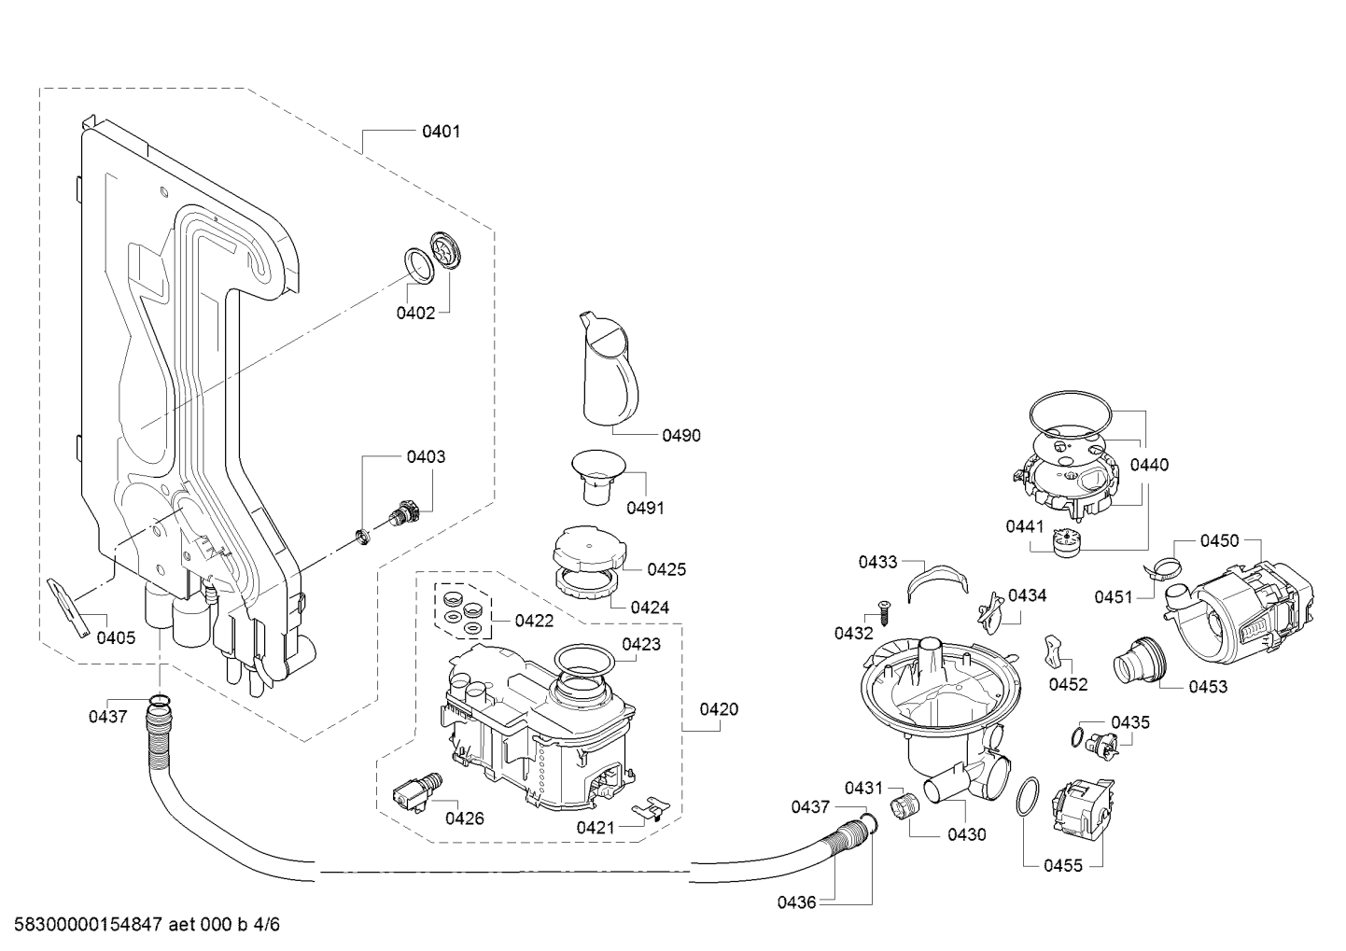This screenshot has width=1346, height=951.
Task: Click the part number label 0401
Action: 442,132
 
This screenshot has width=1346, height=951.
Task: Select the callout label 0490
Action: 681,436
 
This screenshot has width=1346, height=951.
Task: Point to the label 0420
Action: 719,709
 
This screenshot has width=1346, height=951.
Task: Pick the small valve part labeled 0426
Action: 417,792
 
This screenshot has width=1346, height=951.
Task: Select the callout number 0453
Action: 1208,687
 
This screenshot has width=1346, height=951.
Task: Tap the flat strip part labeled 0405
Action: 69,608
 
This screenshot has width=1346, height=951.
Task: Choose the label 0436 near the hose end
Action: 796,902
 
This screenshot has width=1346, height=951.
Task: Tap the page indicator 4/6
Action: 267,925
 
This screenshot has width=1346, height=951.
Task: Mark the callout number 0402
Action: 415,313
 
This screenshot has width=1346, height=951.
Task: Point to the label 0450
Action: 1219,541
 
